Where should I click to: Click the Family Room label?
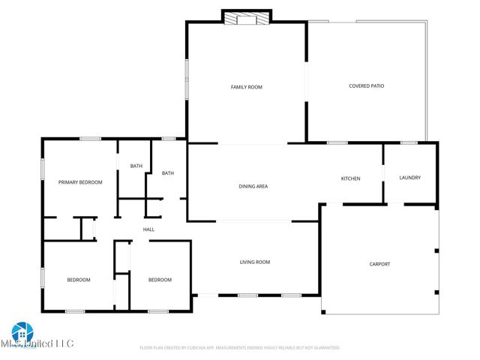(246, 87)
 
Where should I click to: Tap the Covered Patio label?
(366, 85)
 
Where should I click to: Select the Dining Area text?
(253, 186)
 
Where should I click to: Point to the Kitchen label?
(350, 178)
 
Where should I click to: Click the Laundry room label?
(409, 178)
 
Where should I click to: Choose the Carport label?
(379, 264)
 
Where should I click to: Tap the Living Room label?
(254, 262)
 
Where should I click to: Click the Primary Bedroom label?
(80, 182)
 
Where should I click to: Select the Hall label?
(148, 229)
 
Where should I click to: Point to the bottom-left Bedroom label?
(79, 280)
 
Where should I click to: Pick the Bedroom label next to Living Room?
(159, 280)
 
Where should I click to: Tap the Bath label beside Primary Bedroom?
(136, 166)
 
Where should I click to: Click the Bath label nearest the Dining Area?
(168, 173)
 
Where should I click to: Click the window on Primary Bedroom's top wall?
(91, 138)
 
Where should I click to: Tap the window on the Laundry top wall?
(409, 142)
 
